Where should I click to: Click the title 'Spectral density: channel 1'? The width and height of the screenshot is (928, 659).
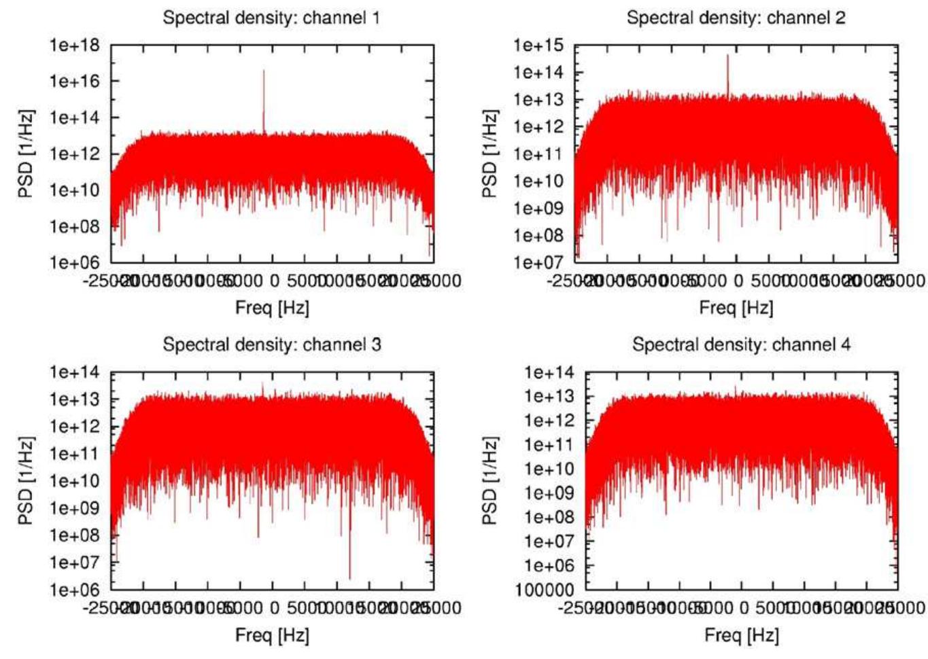(x=271, y=18)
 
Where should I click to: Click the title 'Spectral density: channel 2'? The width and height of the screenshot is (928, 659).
(x=736, y=18)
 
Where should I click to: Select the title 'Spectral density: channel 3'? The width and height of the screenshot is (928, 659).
(x=271, y=344)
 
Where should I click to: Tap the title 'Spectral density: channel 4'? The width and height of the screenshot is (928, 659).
(x=740, y=344)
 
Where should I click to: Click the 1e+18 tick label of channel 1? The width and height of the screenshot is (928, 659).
(x=74, y=46)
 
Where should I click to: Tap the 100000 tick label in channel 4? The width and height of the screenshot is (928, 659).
(x=544, y=590)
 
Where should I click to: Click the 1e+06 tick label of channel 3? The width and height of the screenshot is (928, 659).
(x=74, y=590)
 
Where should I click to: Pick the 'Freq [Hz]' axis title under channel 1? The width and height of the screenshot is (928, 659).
(x=272, y=308)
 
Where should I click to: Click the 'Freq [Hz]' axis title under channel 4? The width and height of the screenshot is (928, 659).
(x=741, y=635)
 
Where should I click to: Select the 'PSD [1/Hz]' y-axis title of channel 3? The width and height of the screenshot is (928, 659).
(x=25, y=480)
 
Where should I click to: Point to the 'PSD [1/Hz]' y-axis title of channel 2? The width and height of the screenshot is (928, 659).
(x=489, y=154)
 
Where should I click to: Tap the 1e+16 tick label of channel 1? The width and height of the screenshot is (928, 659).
(x=74, y=82)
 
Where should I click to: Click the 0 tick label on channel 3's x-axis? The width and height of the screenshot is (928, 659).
(x=274, y=607)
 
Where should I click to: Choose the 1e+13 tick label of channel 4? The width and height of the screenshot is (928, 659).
(x=549, y=397)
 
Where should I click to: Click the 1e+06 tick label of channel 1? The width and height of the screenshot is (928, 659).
(x=74, y=262)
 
